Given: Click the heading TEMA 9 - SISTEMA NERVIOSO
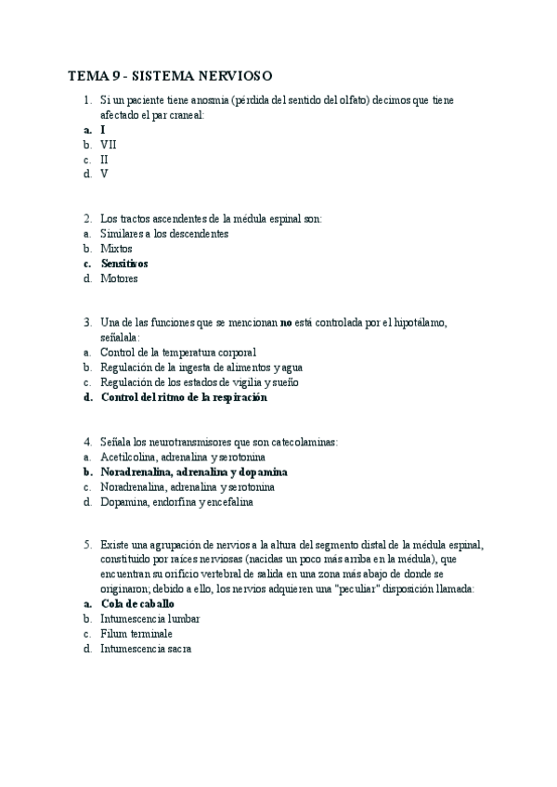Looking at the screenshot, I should [170, 76].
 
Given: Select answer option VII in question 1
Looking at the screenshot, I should [109, 144].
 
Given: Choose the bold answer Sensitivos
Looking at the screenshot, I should [124, 263].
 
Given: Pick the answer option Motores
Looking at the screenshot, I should [119, 277].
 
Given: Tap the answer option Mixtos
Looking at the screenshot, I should [116, 248].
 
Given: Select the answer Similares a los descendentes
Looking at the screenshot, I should [164, 234].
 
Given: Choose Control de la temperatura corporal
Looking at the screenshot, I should [177, 352].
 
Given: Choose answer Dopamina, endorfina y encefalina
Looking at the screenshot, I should [176, 501].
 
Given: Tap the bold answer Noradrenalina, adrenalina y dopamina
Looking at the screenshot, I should [193, 471].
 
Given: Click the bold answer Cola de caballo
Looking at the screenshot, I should [137, 604].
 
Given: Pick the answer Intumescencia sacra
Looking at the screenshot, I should [146, 649].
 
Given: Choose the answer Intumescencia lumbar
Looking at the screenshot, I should [149, 619].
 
